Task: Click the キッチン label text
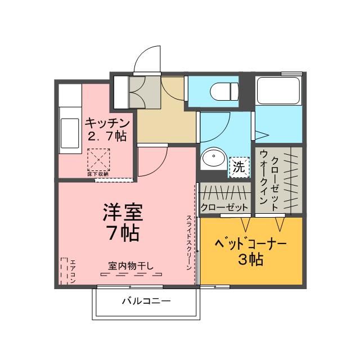(108, 123)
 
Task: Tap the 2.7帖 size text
(107, 136)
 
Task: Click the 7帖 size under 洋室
(123, 232)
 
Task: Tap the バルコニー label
(146, 301)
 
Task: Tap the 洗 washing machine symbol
(239, 166)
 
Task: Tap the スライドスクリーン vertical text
(190, 242)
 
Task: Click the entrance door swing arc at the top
(145, 59)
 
